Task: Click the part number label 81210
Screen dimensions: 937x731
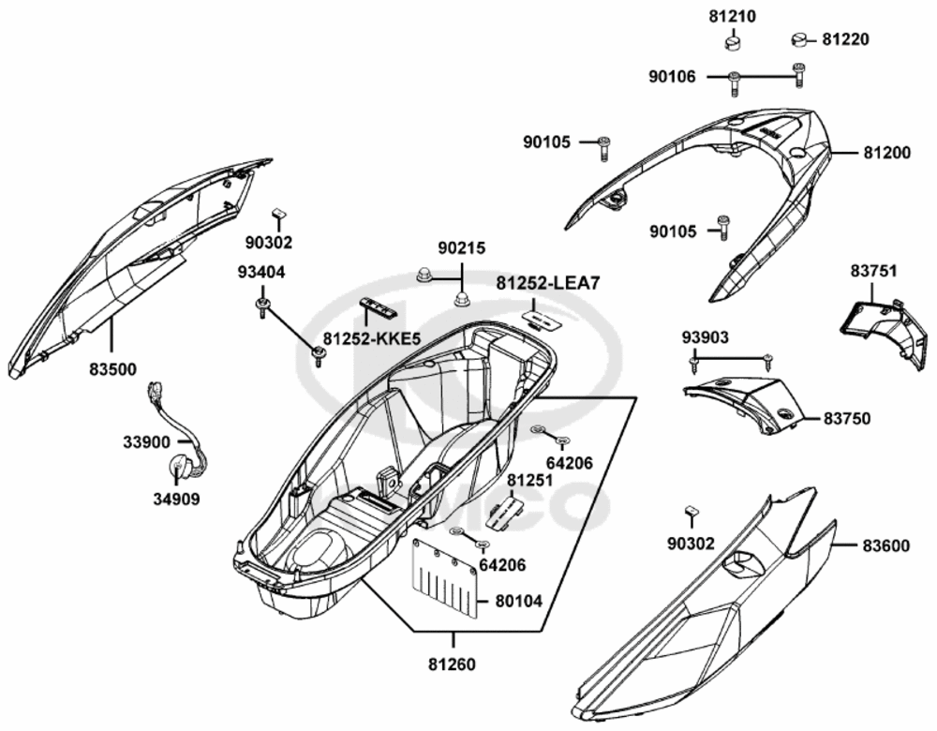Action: coord(733,17)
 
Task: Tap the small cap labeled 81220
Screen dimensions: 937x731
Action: coord(799,40)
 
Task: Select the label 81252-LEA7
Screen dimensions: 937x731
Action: coord(547,283)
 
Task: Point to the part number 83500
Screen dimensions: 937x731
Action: coord(113,369)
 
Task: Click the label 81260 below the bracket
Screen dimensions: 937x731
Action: coord(452,664)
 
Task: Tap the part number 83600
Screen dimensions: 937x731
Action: coord(886,545)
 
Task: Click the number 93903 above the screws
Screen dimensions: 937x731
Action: coord(706,337)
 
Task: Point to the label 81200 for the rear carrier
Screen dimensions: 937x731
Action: coord(887,153)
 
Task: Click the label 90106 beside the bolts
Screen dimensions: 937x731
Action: coord(673,77)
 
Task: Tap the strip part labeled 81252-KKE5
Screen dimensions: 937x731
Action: coord(380,308)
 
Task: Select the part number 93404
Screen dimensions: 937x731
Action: coord(261,273)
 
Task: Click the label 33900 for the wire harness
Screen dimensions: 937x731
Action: coord(147,442)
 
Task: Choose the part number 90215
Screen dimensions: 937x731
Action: coord(462,247)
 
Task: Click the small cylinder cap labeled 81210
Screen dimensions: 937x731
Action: coord(733,42)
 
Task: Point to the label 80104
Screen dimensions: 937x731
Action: coord(519,601)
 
